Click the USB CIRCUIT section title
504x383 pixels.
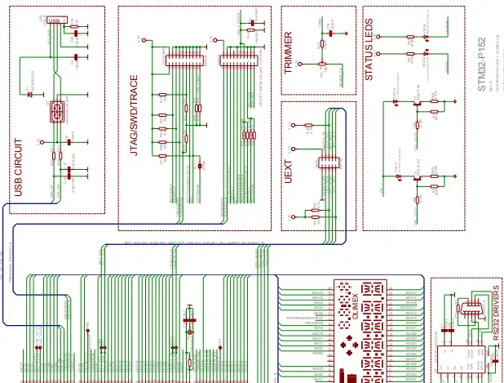19,164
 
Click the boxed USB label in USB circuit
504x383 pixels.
55,20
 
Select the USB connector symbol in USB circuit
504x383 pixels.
58,112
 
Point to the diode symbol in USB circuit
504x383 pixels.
30,94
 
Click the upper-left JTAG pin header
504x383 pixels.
185,55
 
